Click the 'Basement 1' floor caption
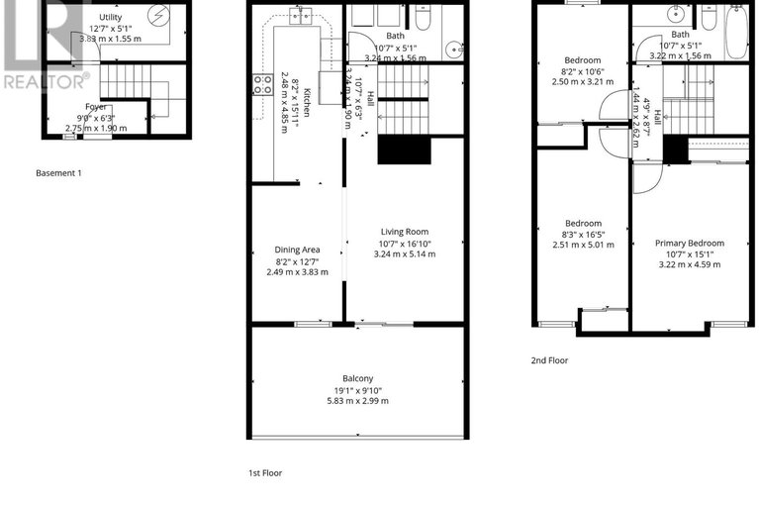(x=58, y=173)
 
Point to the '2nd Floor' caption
(x=549, y=360)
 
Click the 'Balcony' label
(x=357, y=378)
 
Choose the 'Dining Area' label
(x=297, y=250)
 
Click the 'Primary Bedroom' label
(x=690, y=243)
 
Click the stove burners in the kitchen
(x=262, y=85)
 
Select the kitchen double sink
(x=301, y=15)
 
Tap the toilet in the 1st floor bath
(x=423, y=17)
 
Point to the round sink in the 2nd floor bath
(x=678, y=15)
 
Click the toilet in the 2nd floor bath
(x=710, y=16)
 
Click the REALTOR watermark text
(x=46, y=81)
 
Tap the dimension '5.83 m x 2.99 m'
(x=357, y=400)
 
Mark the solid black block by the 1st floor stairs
(x=405, y=151)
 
